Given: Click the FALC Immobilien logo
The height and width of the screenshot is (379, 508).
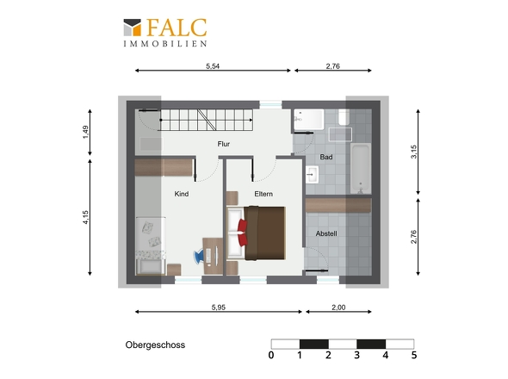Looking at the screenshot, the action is click(165, 33).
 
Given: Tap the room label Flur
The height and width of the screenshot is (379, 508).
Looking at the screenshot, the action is click(224, 144).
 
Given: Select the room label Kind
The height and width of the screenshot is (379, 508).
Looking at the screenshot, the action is click(182, 194).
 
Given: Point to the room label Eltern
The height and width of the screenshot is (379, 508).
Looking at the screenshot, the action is click(263, 194).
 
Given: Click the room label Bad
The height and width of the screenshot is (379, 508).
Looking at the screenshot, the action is click(326, 157).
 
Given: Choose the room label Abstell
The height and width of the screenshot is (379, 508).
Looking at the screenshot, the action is click(326, 233).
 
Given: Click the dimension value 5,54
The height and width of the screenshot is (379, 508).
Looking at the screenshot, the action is click(213, 66).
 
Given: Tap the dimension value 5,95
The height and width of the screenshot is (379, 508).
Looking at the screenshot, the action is click(219, 308).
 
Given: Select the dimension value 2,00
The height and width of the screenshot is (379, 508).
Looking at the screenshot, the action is click(338, 308).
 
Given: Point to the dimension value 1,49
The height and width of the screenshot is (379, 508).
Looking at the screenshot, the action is click(85, 133).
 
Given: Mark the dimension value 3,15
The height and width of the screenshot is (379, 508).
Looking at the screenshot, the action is click(414, 152).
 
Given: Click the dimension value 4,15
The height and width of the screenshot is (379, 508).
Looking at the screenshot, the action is click(85, 217).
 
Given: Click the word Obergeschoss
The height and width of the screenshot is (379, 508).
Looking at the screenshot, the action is click(155, 345).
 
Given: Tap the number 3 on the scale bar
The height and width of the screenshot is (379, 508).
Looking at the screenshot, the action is click(356, 356).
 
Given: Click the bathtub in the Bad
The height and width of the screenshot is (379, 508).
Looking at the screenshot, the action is click(361, 169).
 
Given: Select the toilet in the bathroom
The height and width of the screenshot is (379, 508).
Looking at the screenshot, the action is click(344, 117).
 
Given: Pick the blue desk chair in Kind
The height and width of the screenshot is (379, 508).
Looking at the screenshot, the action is click(199, 255).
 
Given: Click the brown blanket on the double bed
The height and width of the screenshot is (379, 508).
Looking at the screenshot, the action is click(264, 233).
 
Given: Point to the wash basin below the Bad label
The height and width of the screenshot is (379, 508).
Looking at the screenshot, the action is click(312, 175).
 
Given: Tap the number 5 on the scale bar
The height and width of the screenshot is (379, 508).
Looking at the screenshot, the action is click(414, 356).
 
